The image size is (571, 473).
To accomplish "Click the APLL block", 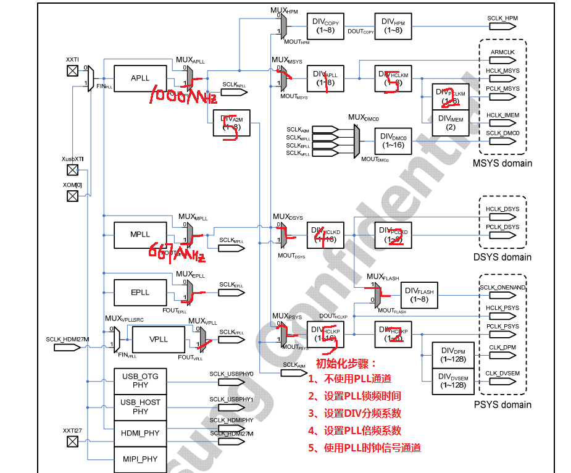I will [x=140, y=78].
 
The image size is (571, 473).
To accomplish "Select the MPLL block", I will [x=140, y=235].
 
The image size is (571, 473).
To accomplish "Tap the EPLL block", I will [x=140, y=292].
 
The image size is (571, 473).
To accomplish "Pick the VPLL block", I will [x=159, y=340].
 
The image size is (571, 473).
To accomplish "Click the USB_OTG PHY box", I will [x=140, y=380].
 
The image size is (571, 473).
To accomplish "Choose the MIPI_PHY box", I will [x=140, y=459].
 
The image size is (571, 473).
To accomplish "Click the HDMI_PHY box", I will [x=140, y=433].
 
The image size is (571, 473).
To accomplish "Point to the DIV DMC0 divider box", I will [x=393, y=141].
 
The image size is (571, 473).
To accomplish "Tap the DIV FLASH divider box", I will [x=419, y=295].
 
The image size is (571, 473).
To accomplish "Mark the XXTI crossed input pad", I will [x=73, y=70].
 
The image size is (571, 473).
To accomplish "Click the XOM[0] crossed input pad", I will [x=73, y=196].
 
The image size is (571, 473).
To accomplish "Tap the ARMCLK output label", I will [x=502, y=52].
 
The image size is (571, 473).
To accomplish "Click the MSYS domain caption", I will [x=502, y=164].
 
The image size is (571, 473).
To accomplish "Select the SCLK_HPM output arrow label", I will [x=502, y=19].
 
